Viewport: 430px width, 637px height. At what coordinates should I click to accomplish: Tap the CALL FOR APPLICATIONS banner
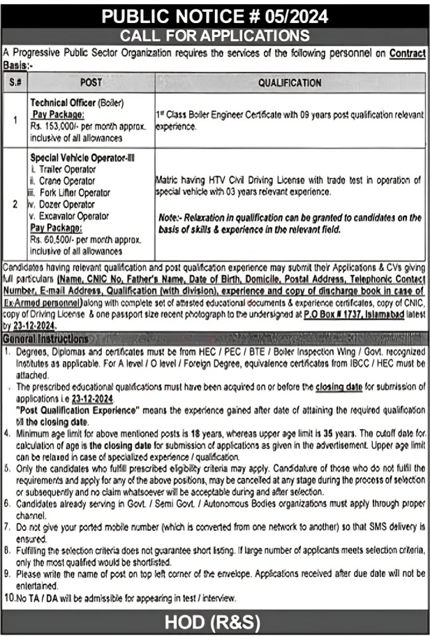pos(215,36)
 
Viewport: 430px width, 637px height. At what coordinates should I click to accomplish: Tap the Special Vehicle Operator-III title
pos(82,158)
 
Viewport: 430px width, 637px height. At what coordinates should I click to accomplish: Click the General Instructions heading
pos(46,339)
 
